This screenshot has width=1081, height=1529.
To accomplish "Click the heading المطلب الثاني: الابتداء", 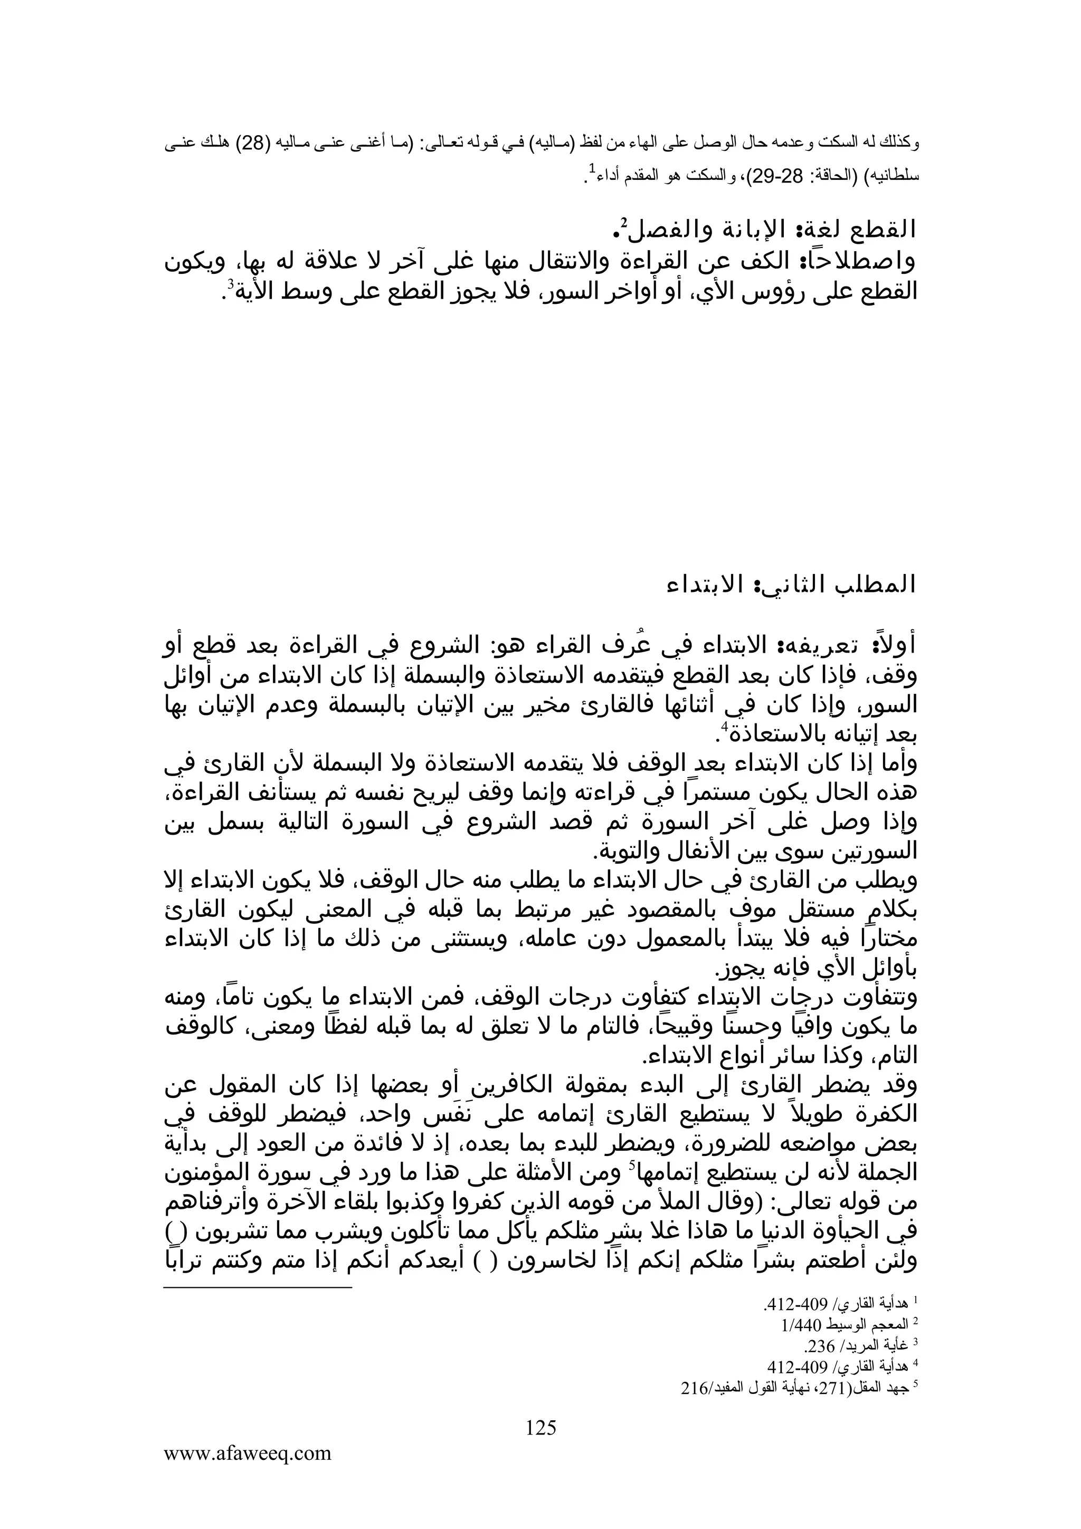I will (791, 585).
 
